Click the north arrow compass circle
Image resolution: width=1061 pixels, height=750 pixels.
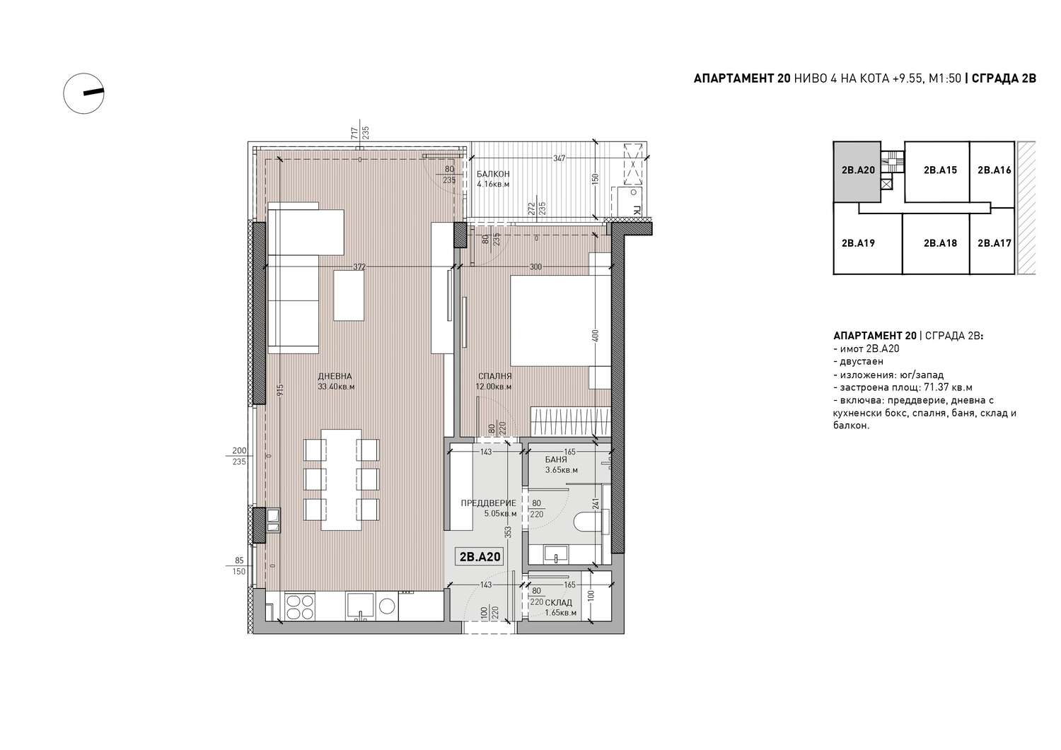click(x=64, y=94)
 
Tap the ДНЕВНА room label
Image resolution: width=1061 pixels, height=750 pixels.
click(x=335, y=377)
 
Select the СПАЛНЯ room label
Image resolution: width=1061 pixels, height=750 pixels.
click(x=495, y=377)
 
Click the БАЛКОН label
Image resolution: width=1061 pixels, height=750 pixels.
click(x=493, y=174)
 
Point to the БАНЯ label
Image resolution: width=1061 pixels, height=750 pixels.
click(x=556, y=459)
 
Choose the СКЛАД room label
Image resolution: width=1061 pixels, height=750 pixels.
click(x=559, y=603)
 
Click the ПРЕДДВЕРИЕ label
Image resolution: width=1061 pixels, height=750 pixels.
click(x=488, y=503)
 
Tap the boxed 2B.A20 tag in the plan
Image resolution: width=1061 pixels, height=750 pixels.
click(x=480, y=557)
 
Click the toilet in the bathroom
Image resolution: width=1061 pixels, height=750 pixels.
click(x=588, y=522)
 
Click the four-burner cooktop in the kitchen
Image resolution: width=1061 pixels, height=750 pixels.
click(x=300, y=607)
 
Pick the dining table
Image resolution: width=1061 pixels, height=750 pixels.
click(x=341, y=480)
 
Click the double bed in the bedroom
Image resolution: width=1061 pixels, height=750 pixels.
click(x=560, y=321)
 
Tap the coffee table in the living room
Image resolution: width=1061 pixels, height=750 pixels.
click(x=349, y=295)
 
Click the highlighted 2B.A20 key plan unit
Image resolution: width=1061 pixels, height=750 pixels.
click(x=857, y=171)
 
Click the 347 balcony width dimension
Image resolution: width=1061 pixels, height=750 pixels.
click(x=560, y=158)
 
